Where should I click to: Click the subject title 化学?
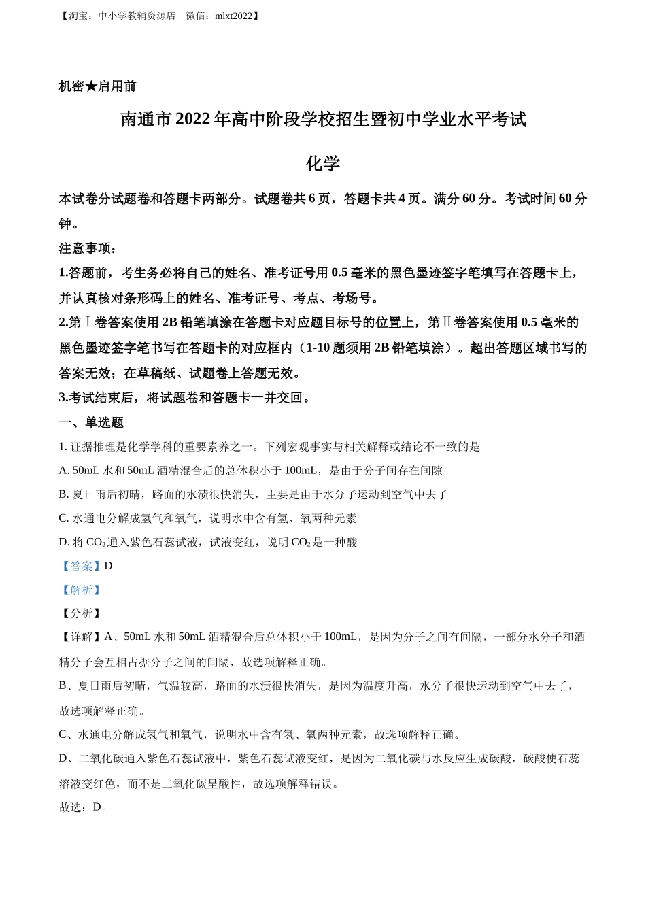322,164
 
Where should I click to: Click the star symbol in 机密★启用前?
91,86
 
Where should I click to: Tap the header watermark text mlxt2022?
233,16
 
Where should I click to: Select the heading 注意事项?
88,248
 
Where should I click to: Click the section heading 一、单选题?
91,422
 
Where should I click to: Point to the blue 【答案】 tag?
81,566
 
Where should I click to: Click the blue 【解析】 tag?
81,590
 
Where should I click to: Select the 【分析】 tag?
81,613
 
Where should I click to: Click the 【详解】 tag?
81,637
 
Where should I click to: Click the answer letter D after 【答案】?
108,566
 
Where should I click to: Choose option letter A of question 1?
63,471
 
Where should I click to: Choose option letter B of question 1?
63,494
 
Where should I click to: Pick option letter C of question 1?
63,518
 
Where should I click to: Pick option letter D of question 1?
63,542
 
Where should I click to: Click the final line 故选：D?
84,807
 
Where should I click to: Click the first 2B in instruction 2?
170,322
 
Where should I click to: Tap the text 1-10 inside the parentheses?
319,348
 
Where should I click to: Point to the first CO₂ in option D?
96,542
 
